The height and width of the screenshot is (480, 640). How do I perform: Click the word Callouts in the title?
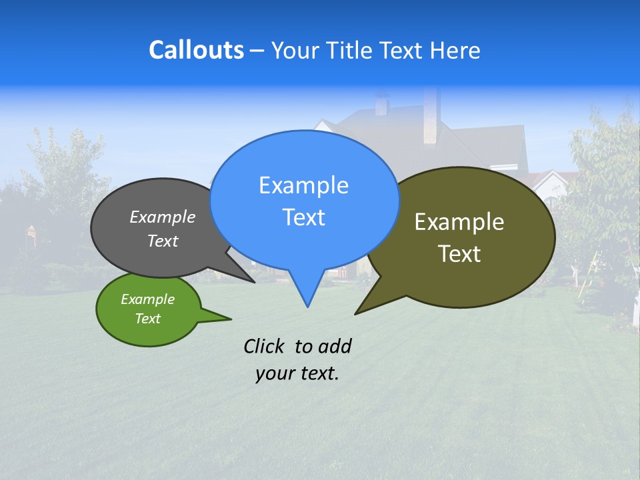point(196,50)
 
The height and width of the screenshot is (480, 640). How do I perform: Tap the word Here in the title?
point(455,51)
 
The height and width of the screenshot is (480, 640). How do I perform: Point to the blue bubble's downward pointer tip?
point(307,307)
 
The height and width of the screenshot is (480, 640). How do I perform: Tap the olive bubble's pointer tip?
point(355,313)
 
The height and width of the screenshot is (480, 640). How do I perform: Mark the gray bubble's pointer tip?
point(254,282)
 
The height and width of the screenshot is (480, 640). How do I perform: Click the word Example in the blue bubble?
point(303,185)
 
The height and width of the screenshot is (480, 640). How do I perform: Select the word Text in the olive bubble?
point(459,254)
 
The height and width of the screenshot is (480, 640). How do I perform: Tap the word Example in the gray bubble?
point(163,217)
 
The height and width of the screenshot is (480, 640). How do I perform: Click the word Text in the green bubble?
point(148,319)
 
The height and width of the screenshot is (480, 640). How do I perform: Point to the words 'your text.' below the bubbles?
point(297,373)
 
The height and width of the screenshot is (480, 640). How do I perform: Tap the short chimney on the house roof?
point(382,105)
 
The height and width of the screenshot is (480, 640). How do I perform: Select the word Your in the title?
point(294,51)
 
